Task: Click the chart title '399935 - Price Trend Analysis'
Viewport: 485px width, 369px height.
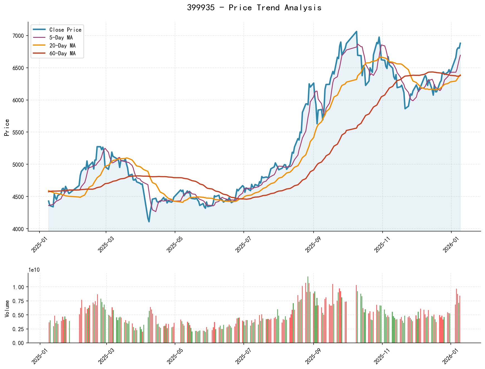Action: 254,8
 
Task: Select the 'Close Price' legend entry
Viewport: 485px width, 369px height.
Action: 65,30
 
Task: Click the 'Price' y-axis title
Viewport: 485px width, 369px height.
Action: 7,127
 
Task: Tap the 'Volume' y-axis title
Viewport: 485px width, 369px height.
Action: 7,308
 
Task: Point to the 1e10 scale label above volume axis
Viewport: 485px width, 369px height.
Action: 34,270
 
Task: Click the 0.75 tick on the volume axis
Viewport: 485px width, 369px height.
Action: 19,301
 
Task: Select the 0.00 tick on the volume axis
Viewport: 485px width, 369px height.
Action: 19,343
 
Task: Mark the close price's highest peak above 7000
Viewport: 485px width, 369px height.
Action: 357,31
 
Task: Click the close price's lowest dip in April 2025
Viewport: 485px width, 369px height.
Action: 149,222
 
